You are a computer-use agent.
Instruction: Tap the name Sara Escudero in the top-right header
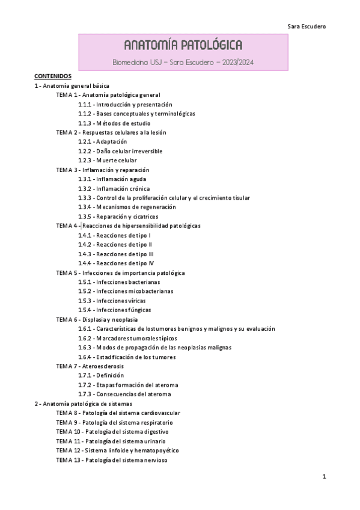(307, 26)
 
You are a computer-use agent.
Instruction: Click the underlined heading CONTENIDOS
(53, 76)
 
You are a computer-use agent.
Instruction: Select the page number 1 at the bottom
(324, 477)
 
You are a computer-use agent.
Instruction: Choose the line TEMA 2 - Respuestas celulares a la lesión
(111, 132)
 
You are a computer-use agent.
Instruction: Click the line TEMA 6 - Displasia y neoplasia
(97, 319)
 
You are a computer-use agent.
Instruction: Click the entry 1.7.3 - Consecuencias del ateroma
(116, 395)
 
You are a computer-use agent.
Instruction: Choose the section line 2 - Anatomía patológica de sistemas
(84, 404)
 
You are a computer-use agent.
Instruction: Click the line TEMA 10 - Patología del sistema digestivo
(112, 432)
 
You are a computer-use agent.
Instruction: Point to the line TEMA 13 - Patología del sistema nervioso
(112, 460)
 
